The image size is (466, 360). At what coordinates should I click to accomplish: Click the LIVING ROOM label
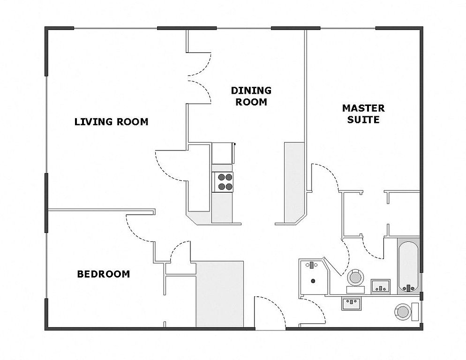click(x=111, y=122)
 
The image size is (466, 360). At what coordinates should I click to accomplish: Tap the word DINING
click(x=251, y=90)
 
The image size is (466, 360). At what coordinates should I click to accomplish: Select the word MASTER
click(x=363, y=108)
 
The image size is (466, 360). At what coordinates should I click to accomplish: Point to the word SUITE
click(x=363, y=120)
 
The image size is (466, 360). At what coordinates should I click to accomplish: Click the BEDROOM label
click(x=104, y=274)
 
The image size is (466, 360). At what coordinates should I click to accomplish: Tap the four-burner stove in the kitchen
click(x=223, y=182)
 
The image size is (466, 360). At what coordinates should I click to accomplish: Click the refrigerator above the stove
click(x=222, y=153)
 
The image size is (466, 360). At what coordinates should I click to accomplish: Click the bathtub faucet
click(x=408, y=287)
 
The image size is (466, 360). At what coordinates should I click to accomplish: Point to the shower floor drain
click(x=313, y=281)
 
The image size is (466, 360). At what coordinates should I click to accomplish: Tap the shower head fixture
click(x=311, y=265)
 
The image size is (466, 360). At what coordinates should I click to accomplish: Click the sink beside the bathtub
click(x=380, y=286)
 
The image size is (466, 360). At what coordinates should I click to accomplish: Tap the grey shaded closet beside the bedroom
click(x=219, y=294)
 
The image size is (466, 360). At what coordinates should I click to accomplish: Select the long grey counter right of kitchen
click(x=294, y=182)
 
